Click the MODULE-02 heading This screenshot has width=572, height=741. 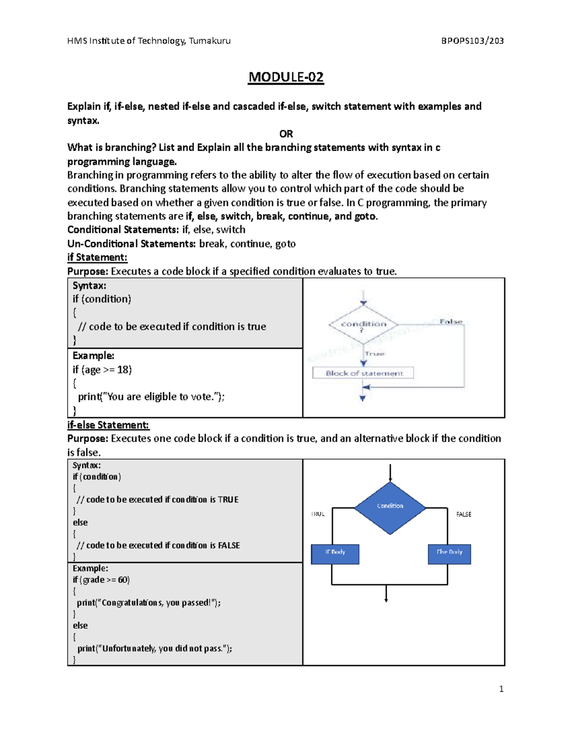pos(286,77)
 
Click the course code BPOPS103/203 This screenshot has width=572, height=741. pos(472,41)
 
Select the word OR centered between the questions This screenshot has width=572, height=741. pos(286,134)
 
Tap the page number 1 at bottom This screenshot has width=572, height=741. pos(501,689)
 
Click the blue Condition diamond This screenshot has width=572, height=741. pos(390,507)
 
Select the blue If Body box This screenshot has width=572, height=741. pos(335,553)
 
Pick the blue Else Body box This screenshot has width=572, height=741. pos(449,553)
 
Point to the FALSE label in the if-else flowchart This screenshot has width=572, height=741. pos(463,514)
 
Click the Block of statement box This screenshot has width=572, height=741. pos(363,373)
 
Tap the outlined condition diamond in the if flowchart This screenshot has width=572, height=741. pos(363,324)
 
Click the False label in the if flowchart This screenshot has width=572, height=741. pos(451,322)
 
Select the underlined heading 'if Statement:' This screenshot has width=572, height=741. pos(97,258)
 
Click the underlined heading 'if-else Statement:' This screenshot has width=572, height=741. pos(108,425)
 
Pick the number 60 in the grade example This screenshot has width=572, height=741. pos(123,580)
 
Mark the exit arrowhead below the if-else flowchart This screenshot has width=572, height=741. pos(386,599)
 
